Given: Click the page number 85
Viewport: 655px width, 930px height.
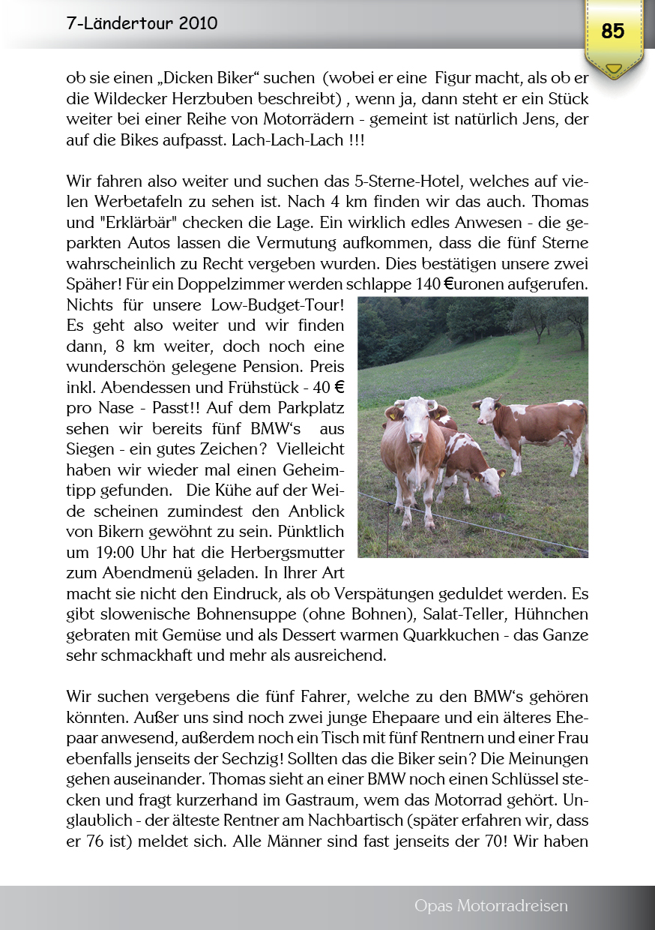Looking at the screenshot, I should [613, 31].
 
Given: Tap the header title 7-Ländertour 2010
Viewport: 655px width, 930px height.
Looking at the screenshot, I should [142, 23].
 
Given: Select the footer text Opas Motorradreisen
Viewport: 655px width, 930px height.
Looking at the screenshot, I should [491, 906].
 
